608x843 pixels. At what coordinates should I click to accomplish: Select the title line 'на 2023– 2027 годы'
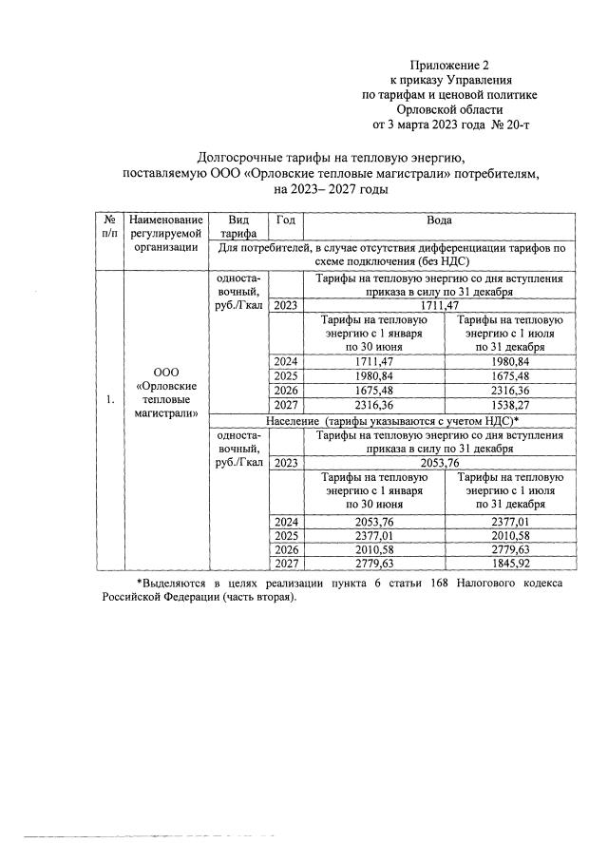coord(332,189)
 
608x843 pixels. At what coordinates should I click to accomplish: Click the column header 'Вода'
coord(439,220)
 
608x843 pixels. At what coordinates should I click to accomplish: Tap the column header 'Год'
coord(285,220)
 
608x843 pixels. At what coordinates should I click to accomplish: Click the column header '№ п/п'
coord(110,228)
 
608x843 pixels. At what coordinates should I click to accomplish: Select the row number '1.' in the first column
coord(110,400)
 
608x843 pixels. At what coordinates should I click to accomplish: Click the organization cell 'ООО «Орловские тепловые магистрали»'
coord(167,392)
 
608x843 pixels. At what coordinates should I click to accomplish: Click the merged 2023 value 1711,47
coord(438,306)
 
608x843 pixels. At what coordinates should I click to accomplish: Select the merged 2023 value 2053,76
coord(438,463)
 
